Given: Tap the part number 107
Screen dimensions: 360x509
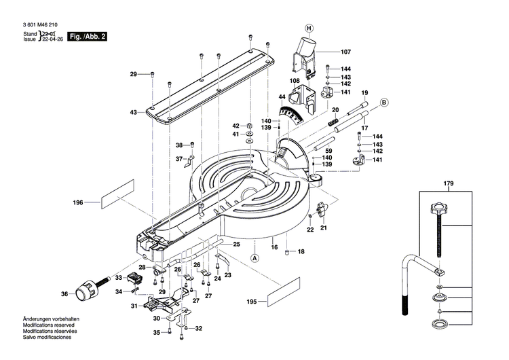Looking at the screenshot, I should (x=345, y=52).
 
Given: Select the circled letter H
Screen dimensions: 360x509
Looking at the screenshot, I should (x=309, y=28).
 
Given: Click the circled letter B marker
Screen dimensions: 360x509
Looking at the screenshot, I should (x=383, y=103).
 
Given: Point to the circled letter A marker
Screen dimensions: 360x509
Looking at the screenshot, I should (x=255, y=258).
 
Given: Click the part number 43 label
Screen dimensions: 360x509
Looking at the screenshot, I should (x=133, y=112).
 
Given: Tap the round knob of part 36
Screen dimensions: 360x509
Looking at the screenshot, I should (x=83, y=293).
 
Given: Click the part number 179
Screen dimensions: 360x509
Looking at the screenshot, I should (x=448, y=183).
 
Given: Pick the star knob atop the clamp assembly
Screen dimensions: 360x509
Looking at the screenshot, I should (x=440, y=212).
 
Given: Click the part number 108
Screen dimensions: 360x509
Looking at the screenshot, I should (x=295, y=81).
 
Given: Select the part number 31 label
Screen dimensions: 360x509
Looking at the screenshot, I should (x=133, y=306).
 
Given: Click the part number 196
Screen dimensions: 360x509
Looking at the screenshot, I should (x=78, y=202).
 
